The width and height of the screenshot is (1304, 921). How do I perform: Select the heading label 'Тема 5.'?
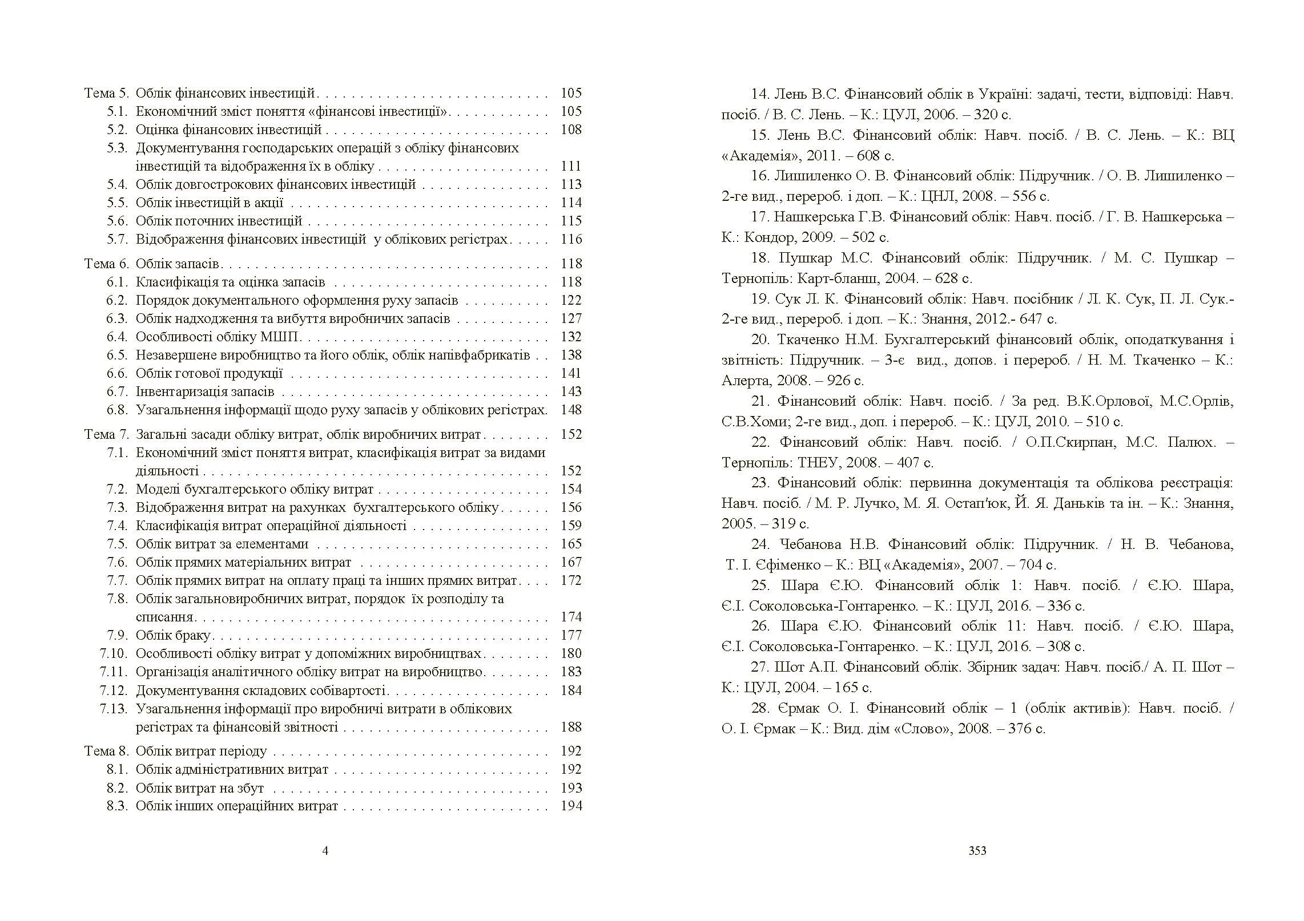[107, 93]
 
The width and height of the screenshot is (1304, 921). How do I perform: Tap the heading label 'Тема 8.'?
[107, 751]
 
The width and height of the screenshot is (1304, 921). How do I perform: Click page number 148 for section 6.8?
[571, 410]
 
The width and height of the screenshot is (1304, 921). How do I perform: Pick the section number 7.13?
[113, 709]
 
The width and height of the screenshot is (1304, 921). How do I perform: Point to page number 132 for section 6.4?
[571, 337]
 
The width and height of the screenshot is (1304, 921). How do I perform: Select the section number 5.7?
[117, 239]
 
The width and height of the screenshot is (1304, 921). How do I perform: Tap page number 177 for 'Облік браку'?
[571, 635]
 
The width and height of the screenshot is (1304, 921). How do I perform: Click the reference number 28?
[760, 708]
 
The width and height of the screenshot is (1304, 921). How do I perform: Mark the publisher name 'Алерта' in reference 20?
[746, 381]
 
